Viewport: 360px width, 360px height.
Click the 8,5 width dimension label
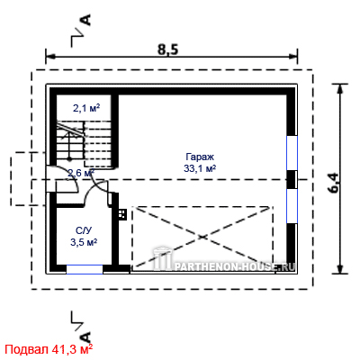coord(168,49)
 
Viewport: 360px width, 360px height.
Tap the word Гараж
coord(200,157)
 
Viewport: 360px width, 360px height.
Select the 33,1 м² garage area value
coord(200,169)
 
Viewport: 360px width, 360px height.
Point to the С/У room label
coord(84,230)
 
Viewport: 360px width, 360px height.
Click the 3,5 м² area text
coord(84,242)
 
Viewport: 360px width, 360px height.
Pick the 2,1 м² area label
coord(86,108)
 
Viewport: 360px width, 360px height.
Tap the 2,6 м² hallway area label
coord(81,173)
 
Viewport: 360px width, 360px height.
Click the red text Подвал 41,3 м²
coord(49,349)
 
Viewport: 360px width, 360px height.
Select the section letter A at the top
coord(86,20)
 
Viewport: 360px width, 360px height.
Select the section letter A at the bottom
coord(86,337)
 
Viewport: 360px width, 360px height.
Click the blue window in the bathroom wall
coord(85,269)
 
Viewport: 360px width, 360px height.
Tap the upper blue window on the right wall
coord(292,153)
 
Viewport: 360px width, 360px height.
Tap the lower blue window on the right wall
coord(292,206)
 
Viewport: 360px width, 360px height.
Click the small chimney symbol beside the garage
coord(122,214)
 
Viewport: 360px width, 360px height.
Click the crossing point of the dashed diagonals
coord(202,237)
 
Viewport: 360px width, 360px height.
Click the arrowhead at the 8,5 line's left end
coord(49,56)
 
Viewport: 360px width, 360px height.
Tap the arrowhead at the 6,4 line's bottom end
coord(340,269)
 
